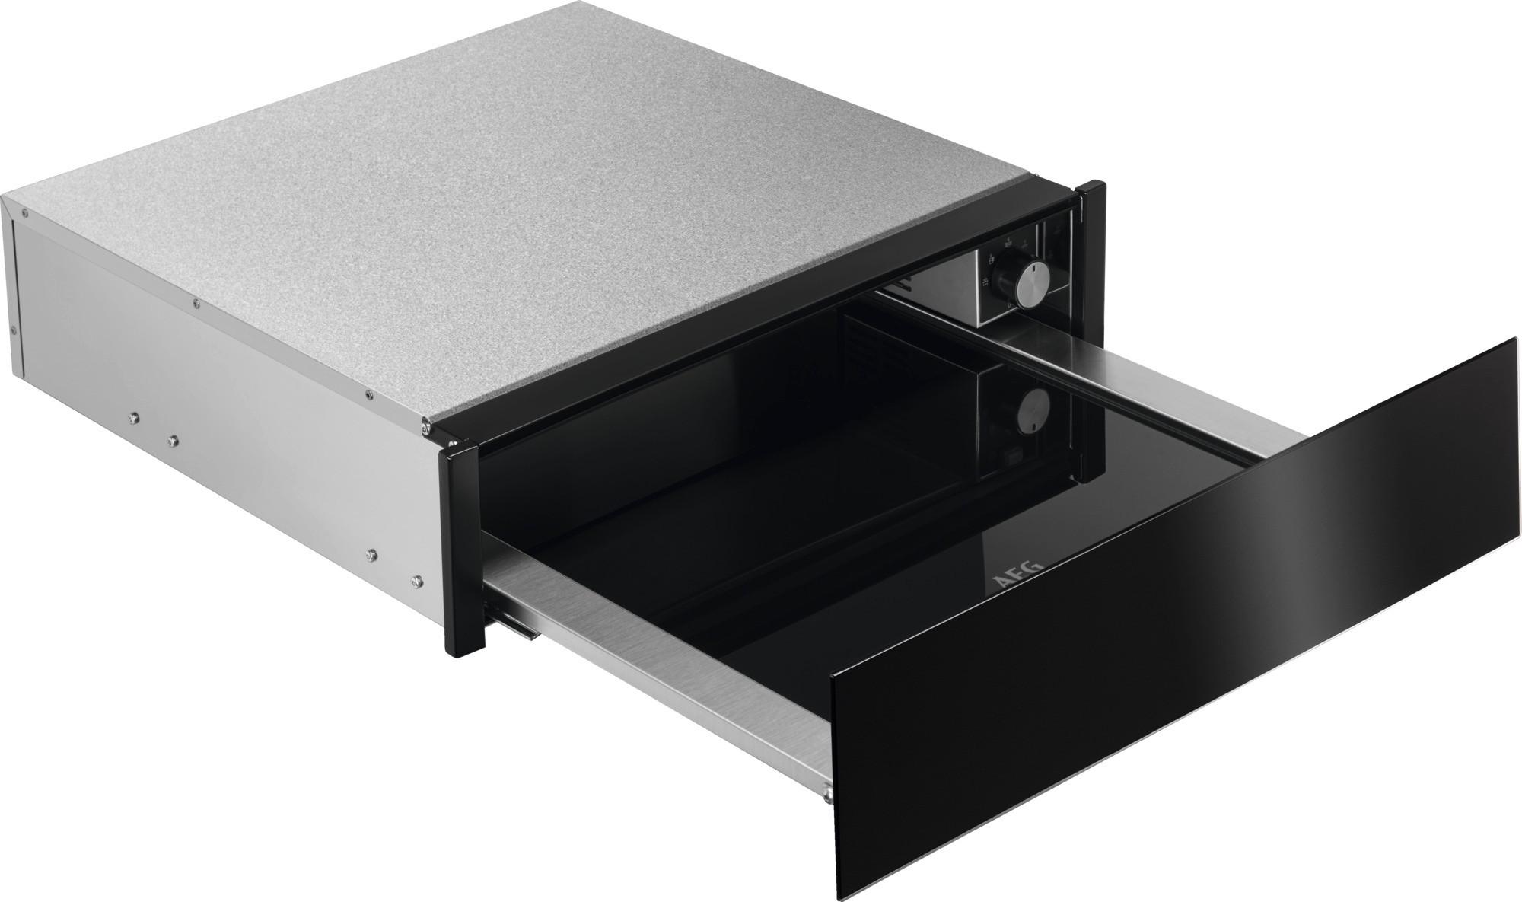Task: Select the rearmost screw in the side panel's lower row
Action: pos(134,417)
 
